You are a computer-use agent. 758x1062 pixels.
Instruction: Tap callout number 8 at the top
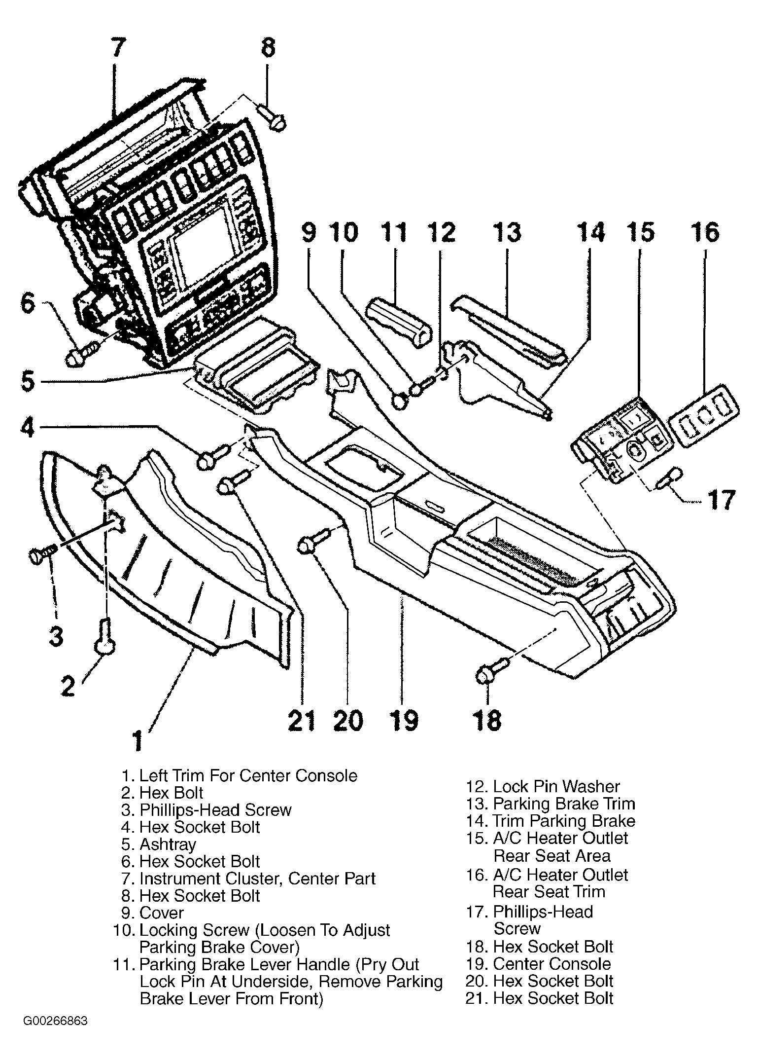point(267,48)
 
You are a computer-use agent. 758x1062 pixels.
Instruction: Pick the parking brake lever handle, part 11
point(399,324)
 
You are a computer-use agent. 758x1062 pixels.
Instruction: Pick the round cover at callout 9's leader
point(400,402)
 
